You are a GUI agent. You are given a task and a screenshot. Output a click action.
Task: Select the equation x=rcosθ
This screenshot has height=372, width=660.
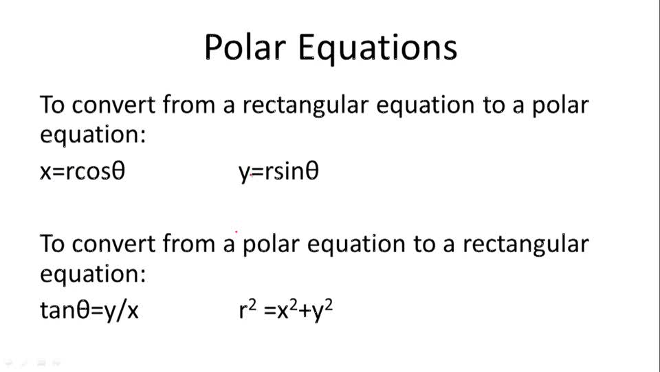point(82,172)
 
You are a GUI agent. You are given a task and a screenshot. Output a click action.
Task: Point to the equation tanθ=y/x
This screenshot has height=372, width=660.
point(89,310)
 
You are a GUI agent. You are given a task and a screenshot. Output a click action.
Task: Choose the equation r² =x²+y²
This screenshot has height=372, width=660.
point(286,310)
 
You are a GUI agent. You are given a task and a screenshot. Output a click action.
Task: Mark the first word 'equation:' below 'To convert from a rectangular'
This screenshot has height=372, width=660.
point(93,134)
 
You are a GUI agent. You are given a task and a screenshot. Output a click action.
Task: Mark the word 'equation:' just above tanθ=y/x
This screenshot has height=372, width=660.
point(93,274)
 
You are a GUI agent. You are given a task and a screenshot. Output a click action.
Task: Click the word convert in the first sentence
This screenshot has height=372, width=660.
point(113,106)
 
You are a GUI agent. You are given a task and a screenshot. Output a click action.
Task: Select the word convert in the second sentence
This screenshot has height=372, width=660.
point(113,244)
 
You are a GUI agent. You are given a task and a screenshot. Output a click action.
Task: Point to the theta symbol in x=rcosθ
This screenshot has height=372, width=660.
point(118,172)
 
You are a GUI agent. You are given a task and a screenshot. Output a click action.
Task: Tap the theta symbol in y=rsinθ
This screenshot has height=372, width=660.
point(311,172)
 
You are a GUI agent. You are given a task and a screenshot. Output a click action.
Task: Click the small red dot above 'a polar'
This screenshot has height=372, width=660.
point(237,233)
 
